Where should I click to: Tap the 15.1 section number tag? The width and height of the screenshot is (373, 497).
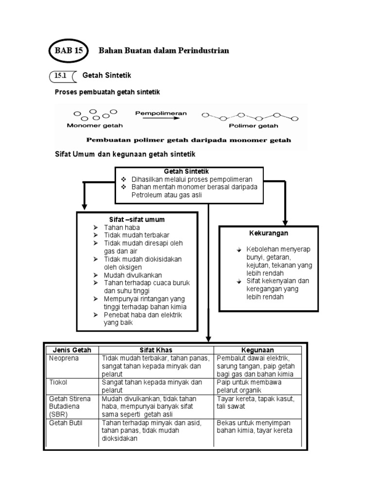(61, 76)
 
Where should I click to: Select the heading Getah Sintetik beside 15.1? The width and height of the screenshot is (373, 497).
(107, 76)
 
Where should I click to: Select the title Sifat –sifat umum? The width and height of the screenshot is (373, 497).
(136, 219)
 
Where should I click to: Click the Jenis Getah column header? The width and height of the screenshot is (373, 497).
(72, 350)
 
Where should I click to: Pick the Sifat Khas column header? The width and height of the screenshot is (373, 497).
(156, 350)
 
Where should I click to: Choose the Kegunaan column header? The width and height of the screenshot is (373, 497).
(257, 350)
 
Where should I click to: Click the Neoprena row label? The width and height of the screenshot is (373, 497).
(63, 358)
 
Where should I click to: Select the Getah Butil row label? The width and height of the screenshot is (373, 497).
(66, 423)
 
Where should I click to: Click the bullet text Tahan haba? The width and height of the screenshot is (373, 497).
(122, 228)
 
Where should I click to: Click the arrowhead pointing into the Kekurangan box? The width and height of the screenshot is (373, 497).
(285, 221)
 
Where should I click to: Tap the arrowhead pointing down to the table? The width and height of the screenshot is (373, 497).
(209, 339)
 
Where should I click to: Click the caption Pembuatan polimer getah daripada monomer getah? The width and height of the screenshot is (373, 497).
(189, 140)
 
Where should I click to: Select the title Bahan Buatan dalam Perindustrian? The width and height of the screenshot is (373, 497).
(164, 50)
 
